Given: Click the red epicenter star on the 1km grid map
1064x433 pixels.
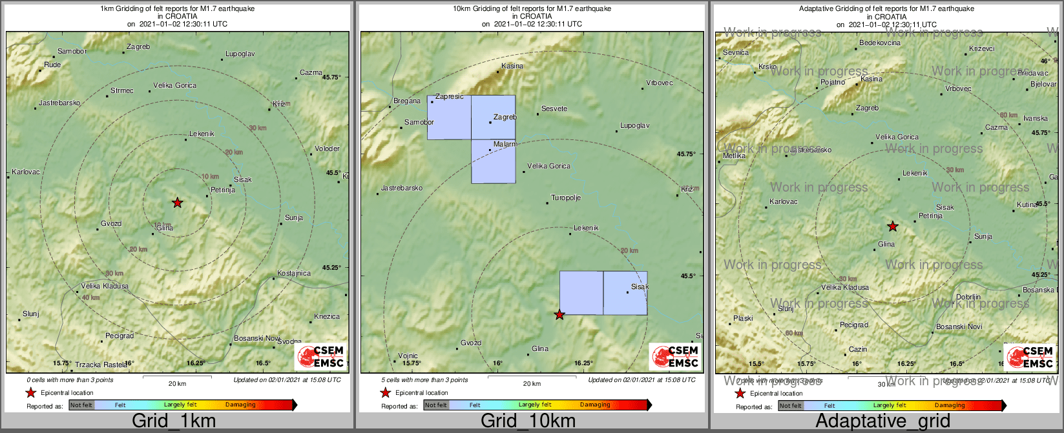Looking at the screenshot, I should coord(177,203).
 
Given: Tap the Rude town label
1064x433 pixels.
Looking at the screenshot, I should coord(52,65).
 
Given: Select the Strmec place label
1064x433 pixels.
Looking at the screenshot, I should coord(122,90).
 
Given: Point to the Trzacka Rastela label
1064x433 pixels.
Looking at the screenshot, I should coord(101,365).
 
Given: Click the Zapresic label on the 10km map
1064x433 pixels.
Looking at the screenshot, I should coord(450,96).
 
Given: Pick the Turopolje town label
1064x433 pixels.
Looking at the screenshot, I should coord(566,197).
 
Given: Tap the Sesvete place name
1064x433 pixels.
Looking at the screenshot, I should coord(554,108).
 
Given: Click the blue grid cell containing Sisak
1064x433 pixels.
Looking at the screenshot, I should coord(625,293).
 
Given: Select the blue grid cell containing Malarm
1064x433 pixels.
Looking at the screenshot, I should coord(494,161).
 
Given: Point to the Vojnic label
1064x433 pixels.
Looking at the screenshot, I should coord(408,356).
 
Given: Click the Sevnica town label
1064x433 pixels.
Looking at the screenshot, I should coord(736,52).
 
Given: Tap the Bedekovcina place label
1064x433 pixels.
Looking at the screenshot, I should coord(880,43).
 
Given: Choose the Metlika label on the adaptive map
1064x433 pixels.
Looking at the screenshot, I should coord(734,156).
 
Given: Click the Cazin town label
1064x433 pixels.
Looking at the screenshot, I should coord(858,349).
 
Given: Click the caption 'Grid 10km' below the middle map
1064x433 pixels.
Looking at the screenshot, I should coord(528,421).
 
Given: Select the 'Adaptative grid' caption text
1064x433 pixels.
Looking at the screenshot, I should coord(882,421).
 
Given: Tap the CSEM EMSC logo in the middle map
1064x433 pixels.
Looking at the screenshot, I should coord(675,357).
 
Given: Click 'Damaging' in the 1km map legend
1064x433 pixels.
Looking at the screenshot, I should coord(240,405).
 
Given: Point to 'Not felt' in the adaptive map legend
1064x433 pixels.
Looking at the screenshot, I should coord(790,406).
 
